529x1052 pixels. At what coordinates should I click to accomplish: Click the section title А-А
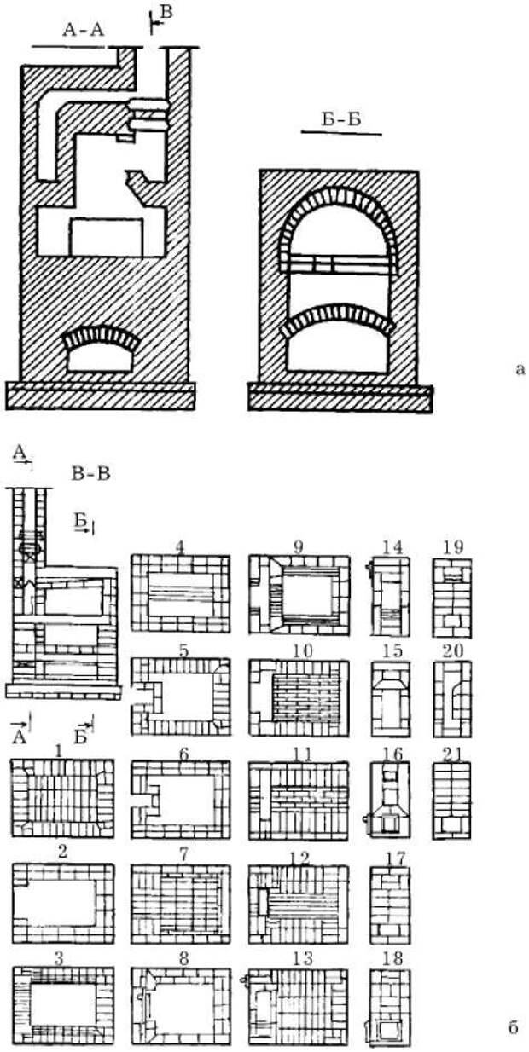pyautogui.click(x=84, y=30)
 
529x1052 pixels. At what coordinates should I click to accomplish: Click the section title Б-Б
pyautogui.click(x=341, y=119)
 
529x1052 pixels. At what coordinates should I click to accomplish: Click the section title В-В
pyautogui.click(x=90, y=474)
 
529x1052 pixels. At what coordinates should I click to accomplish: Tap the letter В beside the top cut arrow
pyautogui.click(x=166, y=12)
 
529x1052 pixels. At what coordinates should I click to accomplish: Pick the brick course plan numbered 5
pyautogui.click(x=181, y=697)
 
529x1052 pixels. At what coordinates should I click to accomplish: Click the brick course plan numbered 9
pyautogui.click(x=299, y=594)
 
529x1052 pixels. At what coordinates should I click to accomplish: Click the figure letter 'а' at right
pyautogui.click(x=520, y=370)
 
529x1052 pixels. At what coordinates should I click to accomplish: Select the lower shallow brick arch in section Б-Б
pyautogui.click(x=337, y=321)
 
